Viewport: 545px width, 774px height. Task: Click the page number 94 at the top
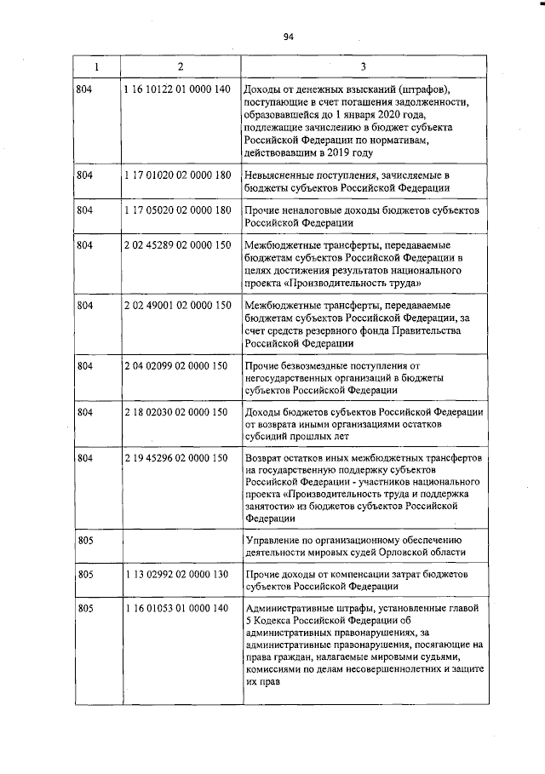click(x=288, y=36)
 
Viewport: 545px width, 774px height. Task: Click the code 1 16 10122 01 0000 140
click(x=176, y=89)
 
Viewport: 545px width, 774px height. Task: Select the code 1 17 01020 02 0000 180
click(x=176, y=175)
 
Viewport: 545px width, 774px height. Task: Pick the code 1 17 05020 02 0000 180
click(x=176, y=209)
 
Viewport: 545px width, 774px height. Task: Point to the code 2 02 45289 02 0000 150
click(x=176, y=244)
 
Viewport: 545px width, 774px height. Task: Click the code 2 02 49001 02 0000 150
click(x=176, y=305)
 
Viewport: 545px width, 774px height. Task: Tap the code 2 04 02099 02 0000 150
click(x=176, y=365)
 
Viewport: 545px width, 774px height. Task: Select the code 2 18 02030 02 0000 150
click(x=176, y=412)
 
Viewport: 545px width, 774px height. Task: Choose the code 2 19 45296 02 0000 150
click(x=176, y=458)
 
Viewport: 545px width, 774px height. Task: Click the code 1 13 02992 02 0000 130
click(x=176, y=574)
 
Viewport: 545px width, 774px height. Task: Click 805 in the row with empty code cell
click(x=83, y=540)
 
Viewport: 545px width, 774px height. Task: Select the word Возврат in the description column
click(x=264, y=458)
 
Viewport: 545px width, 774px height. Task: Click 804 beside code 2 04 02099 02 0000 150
click(x=83, y=365)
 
